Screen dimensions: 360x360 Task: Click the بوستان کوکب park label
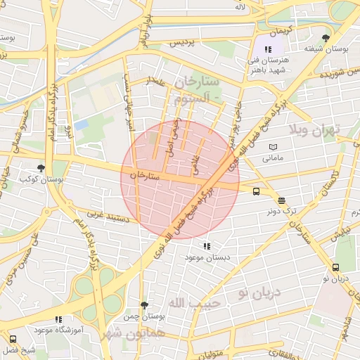[x=41, y=180]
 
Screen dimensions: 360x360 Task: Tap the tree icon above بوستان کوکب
[x=41, y=168]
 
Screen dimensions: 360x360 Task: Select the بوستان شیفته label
[x=324, y=49]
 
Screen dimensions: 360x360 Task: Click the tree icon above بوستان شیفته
[x=325, y=38]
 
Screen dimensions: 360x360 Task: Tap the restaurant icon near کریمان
[x=268, y=49]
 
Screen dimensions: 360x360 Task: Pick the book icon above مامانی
[x=272, y=147]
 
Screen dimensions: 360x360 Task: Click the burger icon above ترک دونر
[x=281, y=200]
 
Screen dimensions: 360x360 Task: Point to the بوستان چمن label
[x=144, y=317]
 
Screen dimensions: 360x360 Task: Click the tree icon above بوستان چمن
[x=144, y=305]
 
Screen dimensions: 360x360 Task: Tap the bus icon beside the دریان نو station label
[x=335, y=267]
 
